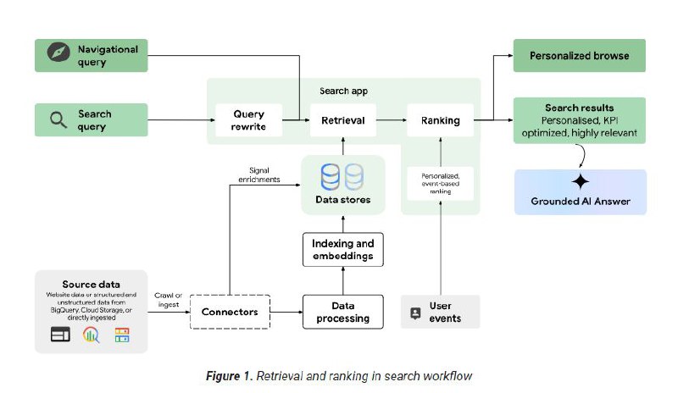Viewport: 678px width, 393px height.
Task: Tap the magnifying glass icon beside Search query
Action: click(58, 120)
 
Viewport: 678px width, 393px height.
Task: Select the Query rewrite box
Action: click(248, 120)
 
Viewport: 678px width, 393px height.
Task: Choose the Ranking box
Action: click(440, 120)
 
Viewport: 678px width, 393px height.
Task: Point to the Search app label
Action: click(343, 91)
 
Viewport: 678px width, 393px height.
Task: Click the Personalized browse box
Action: click(579, 55)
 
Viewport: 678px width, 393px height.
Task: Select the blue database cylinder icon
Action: click(331, 175)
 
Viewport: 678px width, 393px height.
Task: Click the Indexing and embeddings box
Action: click(343, 249)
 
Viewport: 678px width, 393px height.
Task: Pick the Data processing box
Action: click(343, 312)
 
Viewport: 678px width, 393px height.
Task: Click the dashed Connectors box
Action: click(229, 312)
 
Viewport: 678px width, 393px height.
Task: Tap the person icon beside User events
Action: click(415, 313)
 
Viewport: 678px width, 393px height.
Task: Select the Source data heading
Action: click(91, 284)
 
